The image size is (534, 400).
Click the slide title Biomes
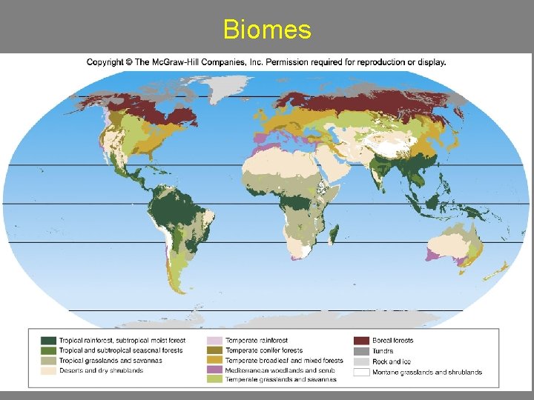[267, 30]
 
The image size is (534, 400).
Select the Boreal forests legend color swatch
[361, 341]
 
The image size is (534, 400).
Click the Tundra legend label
[383, 351]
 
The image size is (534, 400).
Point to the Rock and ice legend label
[392, 361]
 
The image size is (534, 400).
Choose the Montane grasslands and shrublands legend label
[426, 372]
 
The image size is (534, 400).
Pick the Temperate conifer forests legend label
[264, 350]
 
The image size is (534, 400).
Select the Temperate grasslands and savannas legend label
[280, 379]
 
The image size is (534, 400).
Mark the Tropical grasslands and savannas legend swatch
[49, 360]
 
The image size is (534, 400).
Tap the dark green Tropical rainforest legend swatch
[49, 341]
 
